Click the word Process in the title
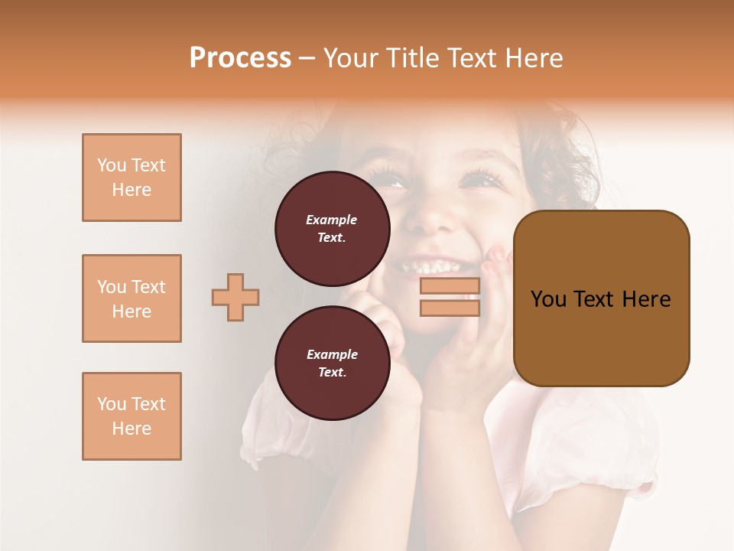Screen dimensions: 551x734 (x=240, y=58)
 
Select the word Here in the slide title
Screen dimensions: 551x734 (x=532, y=58)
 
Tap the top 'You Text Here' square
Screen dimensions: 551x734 (x=132, y=178)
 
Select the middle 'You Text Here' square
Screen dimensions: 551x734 (x=132, y=298)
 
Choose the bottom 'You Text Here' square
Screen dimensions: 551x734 (x=132, y=416)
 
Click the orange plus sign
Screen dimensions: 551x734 (x=235, y=297)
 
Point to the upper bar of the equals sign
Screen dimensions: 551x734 (x=450, y=285)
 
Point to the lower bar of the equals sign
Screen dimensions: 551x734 (x=450, y=308)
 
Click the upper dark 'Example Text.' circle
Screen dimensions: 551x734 (x=333, y=229)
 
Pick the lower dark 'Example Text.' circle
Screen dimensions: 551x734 (x=333, y=364)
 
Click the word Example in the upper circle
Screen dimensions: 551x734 (x=332, y=220)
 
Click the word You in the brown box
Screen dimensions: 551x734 (x=548, y=299)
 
